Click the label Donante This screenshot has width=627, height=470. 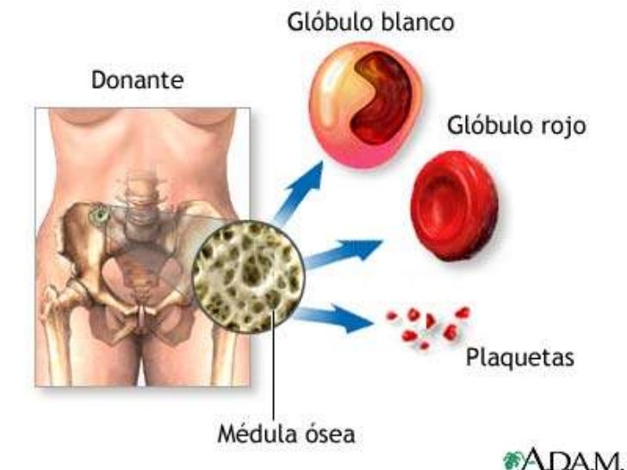[137, 83]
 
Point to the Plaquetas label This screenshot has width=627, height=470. [518, 356]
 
